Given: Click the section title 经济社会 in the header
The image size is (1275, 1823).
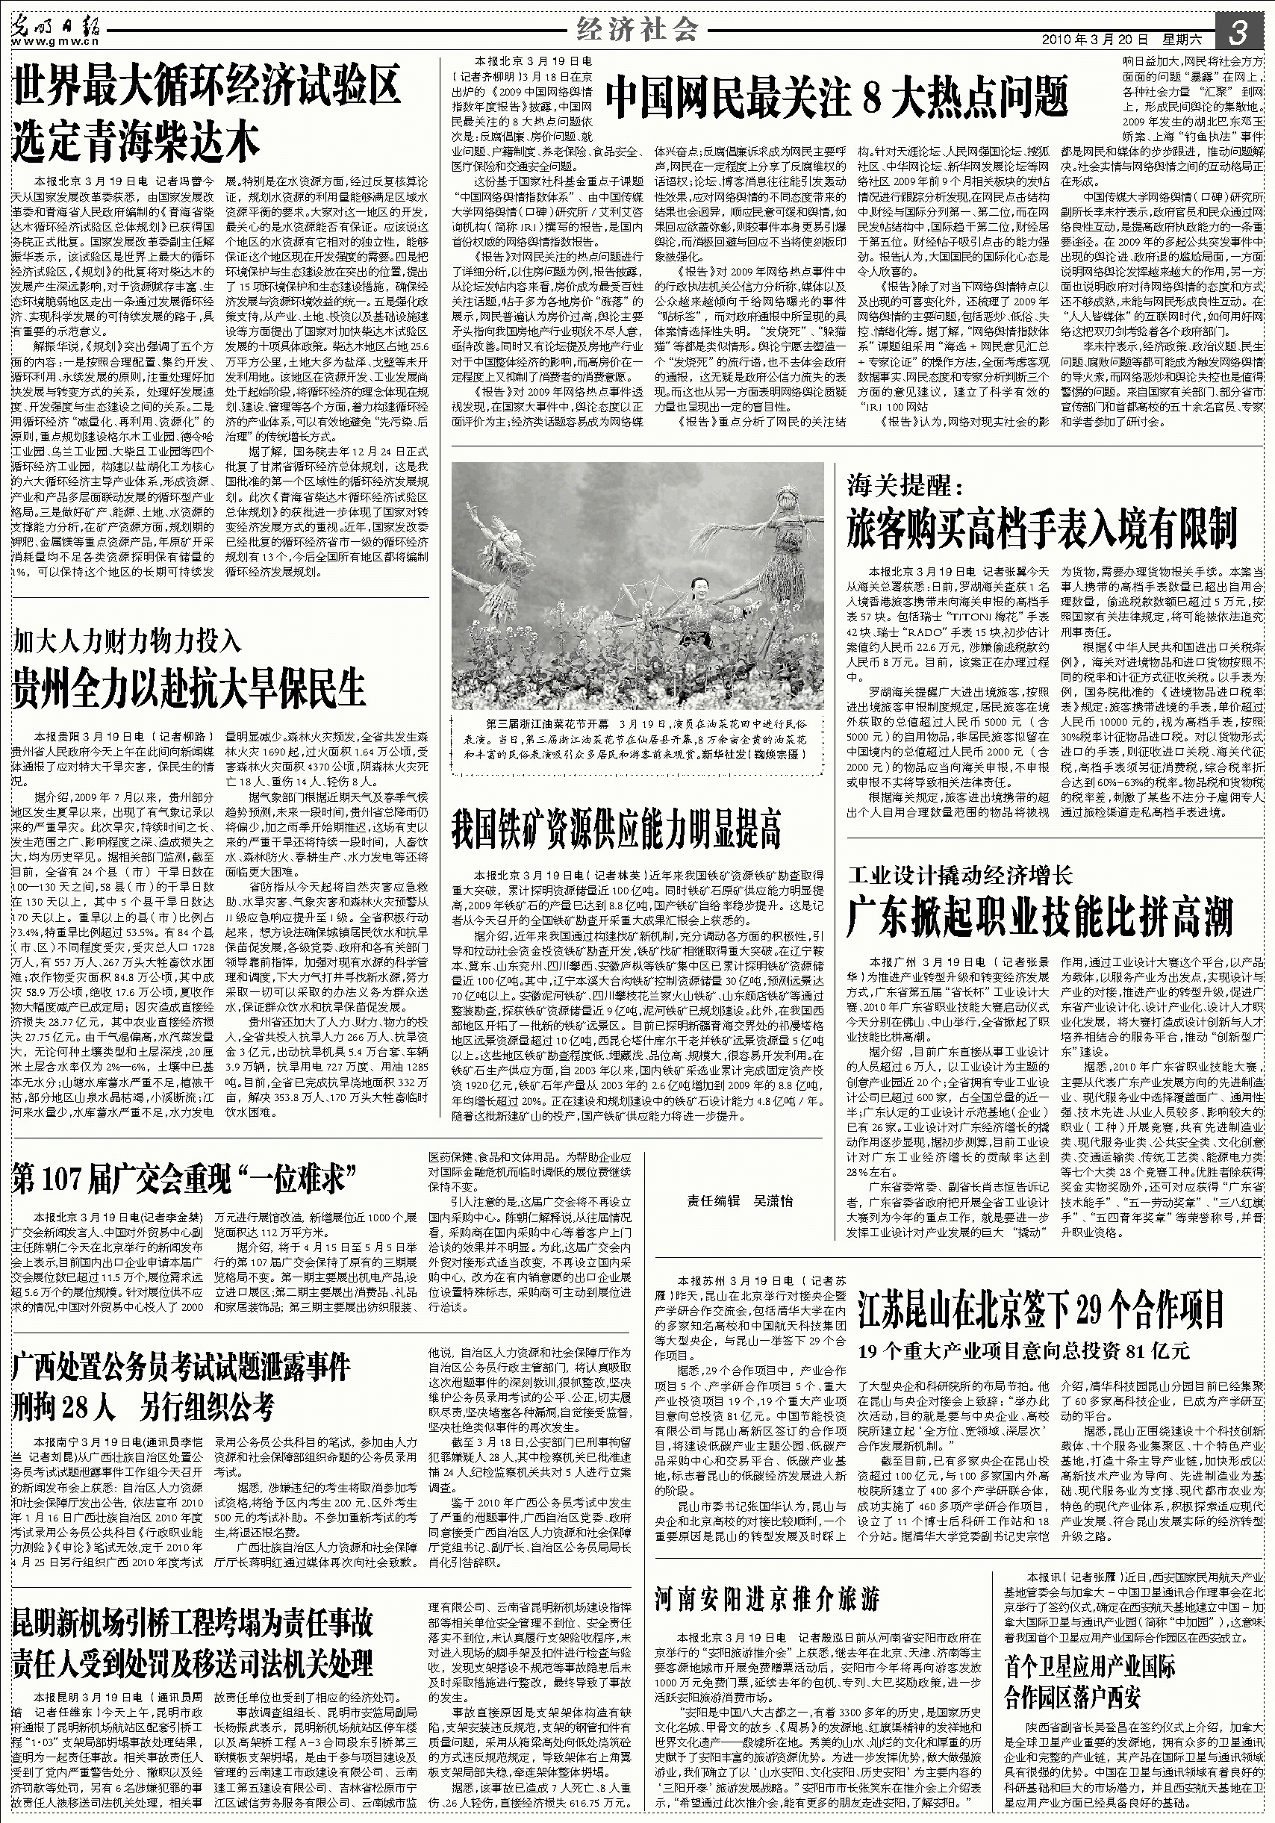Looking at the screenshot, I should coord(637,30).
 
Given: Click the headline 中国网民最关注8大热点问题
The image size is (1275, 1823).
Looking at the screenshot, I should coord(837,98).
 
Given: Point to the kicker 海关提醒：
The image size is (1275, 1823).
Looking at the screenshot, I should coord(904,485).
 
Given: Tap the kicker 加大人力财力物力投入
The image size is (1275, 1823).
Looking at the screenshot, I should coord(126,639).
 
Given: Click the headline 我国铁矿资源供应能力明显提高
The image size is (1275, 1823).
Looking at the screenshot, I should coord(616,829).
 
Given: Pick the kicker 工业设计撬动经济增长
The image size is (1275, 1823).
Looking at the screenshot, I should coord(959,875).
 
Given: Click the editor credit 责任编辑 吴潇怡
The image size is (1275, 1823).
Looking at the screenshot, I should coord(739,1200).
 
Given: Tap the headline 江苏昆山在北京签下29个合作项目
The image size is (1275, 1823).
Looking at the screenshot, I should coord(1041,1309).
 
